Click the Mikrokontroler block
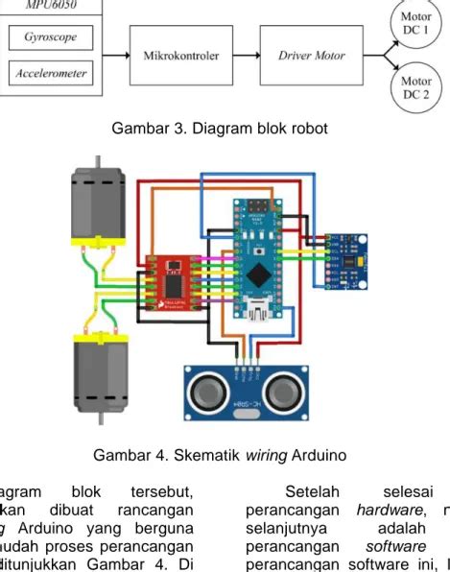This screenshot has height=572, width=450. click(x=180, y=56)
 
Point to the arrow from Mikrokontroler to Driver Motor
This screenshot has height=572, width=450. click(x=244, y=56)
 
